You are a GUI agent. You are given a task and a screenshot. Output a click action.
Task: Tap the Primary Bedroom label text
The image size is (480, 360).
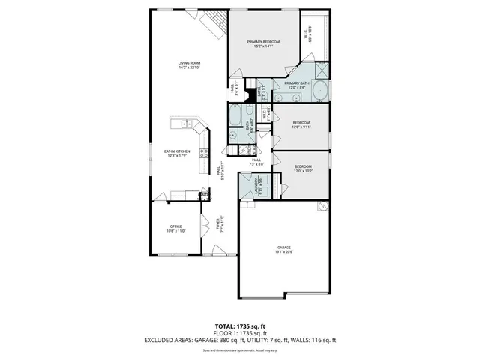tap(263, 43)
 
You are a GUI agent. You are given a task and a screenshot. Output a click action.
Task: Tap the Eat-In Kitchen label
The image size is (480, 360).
tap(177, 153)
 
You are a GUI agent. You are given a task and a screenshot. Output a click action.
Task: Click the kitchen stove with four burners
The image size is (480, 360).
tap(202, 155)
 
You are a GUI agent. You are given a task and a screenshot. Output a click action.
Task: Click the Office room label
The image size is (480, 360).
tap(176, 228)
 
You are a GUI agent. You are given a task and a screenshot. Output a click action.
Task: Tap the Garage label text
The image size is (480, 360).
tap(283, 249)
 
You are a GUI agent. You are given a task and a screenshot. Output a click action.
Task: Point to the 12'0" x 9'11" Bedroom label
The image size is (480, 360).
tap(301, 124)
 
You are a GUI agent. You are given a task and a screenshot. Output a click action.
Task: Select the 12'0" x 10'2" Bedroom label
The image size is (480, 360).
tap(303, 169)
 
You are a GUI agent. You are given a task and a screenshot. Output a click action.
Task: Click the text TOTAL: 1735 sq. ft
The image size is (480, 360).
tap(240, 325)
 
